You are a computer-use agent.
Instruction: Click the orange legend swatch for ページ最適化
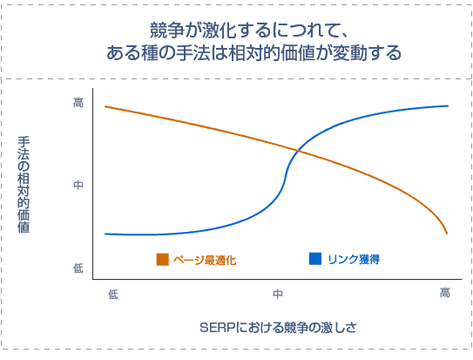162,259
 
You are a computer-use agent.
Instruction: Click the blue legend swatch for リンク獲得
315,259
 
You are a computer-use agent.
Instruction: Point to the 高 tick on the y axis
78,103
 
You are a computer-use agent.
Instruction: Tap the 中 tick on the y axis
78,186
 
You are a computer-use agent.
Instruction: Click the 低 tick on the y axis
78,268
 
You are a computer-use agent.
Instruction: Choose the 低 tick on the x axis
113,295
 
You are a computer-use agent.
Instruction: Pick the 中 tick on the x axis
278,295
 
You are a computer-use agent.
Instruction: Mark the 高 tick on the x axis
444,295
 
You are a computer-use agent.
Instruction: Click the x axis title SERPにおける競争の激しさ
278,328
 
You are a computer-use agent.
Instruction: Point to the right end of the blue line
448,105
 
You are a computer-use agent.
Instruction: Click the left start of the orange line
105,106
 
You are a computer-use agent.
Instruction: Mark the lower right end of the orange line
447,233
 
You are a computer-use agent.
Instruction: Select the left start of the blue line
105,234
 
